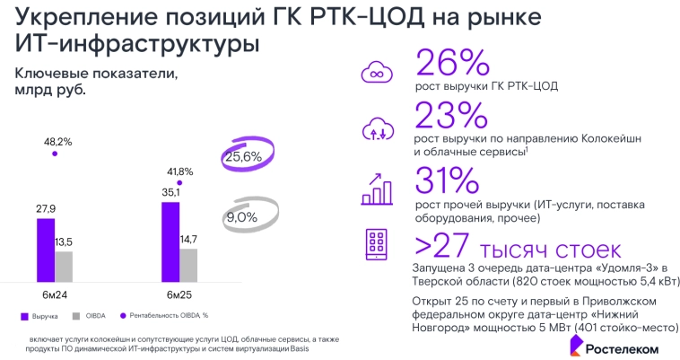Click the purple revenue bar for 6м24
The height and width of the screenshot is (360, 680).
click(x=46, y=249)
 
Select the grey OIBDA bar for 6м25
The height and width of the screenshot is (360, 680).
click(x=187, y=264)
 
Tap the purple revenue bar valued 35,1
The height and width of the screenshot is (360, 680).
click(x=170, y=241)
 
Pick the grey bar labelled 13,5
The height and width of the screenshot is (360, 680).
click(x=63, y=266)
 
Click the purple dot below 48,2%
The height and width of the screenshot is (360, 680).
click(x=55, y=154)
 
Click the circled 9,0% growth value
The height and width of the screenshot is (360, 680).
click(x=241, y=216)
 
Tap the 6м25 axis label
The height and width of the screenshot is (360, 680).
click(x=179, y=294)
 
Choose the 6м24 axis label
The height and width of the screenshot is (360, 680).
click(x=55, y=294)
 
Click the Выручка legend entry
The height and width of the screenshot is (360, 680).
click(x=40, y=317)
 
